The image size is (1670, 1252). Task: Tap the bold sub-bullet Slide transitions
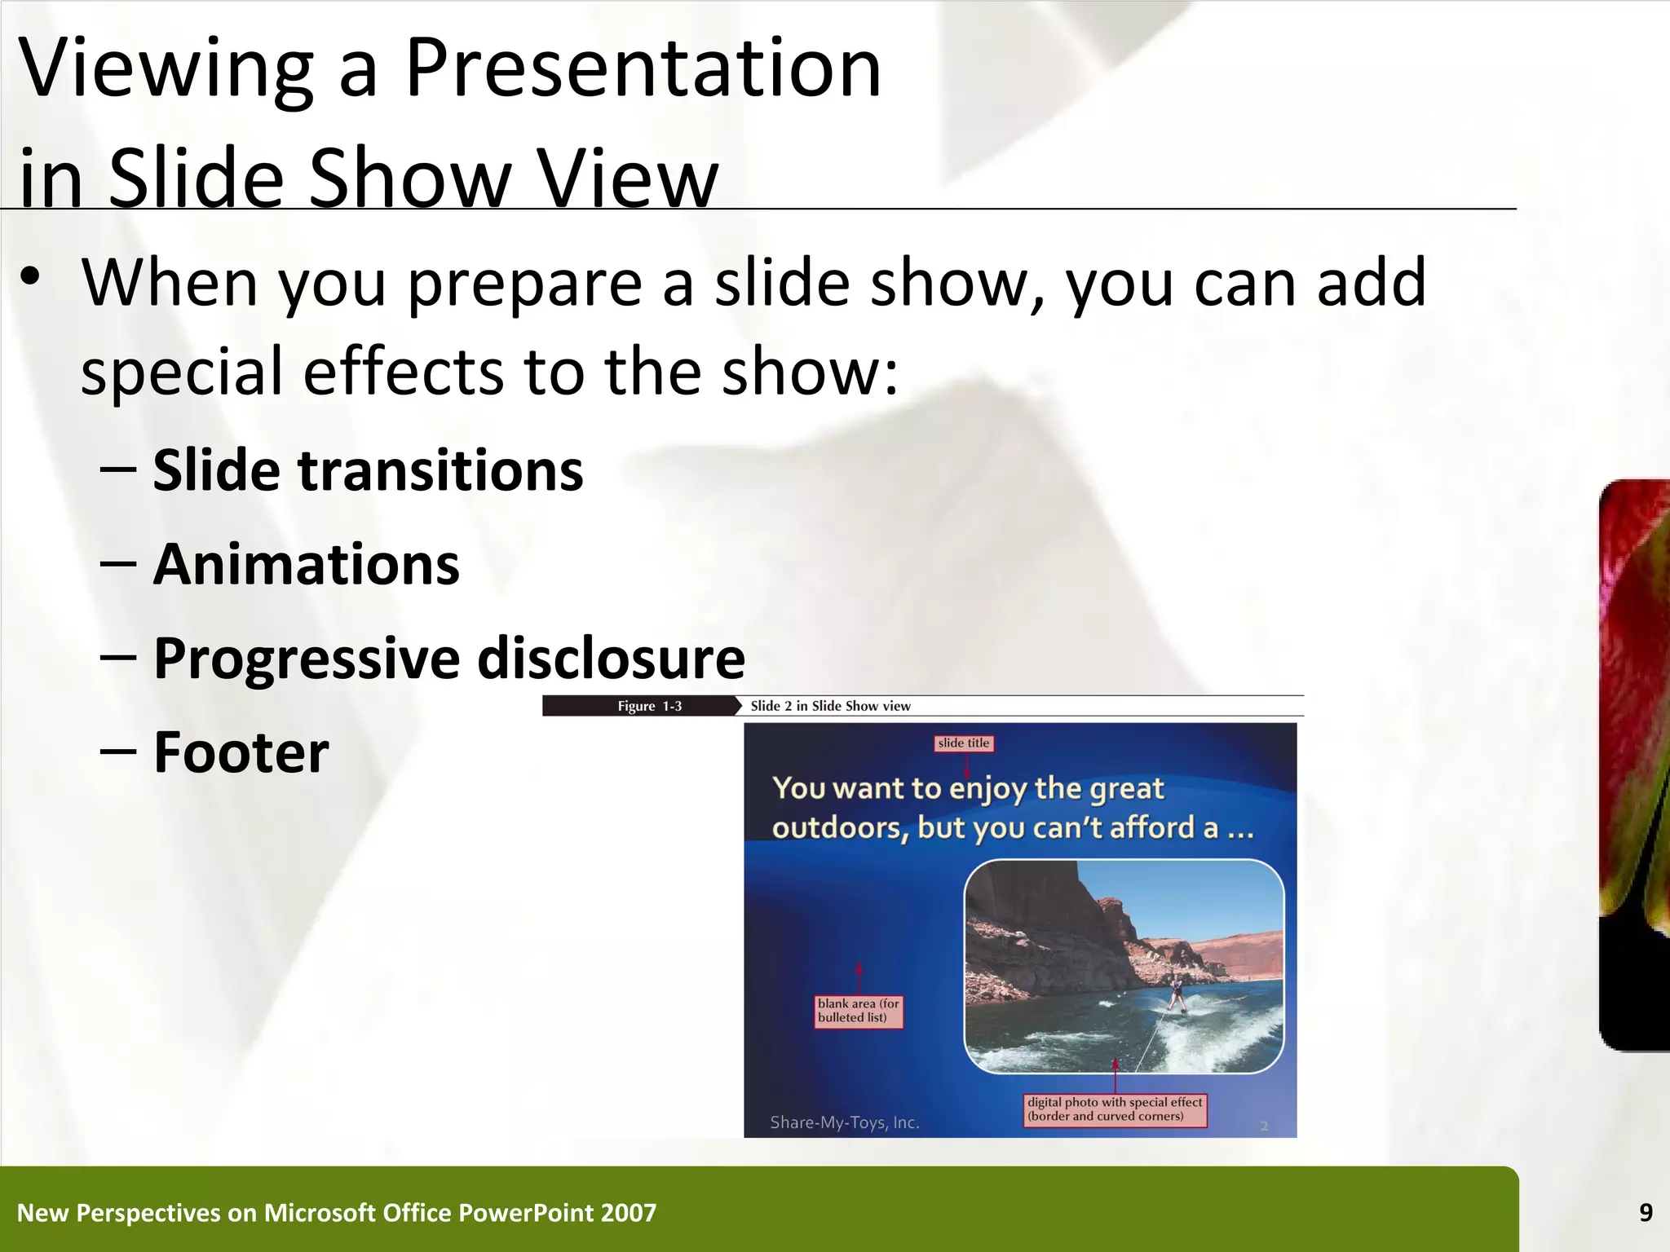(368, 470)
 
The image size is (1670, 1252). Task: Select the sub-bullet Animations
(306, 564)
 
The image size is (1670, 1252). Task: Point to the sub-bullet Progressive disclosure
(448, 658)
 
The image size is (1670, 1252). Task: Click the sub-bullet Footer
(241, 752)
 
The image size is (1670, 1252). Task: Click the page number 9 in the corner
(1646, 1213)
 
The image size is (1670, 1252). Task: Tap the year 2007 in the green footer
(628, 1213)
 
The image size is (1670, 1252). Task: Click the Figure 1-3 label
(649, 706)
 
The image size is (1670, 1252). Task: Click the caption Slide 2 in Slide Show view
(830, 706)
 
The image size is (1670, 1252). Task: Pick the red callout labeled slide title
(963, 743)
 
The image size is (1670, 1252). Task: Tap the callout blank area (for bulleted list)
(858, 1011)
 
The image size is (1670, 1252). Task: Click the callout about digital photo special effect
(1114, 1109)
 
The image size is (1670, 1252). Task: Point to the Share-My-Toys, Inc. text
(844, 1122)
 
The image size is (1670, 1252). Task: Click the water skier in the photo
(1176, 996)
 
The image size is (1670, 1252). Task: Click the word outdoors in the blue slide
(840, 828)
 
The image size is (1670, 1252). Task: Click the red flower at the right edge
(1635, 734)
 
